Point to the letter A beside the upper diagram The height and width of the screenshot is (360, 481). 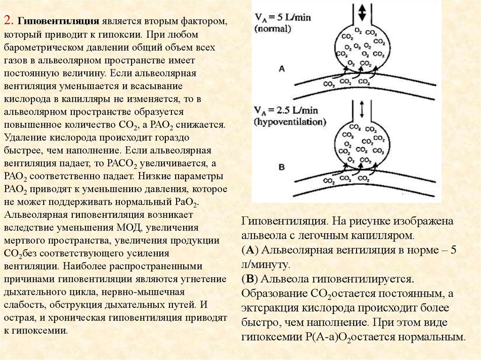point(282,69)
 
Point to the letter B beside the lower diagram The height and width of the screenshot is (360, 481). point(282,166)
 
